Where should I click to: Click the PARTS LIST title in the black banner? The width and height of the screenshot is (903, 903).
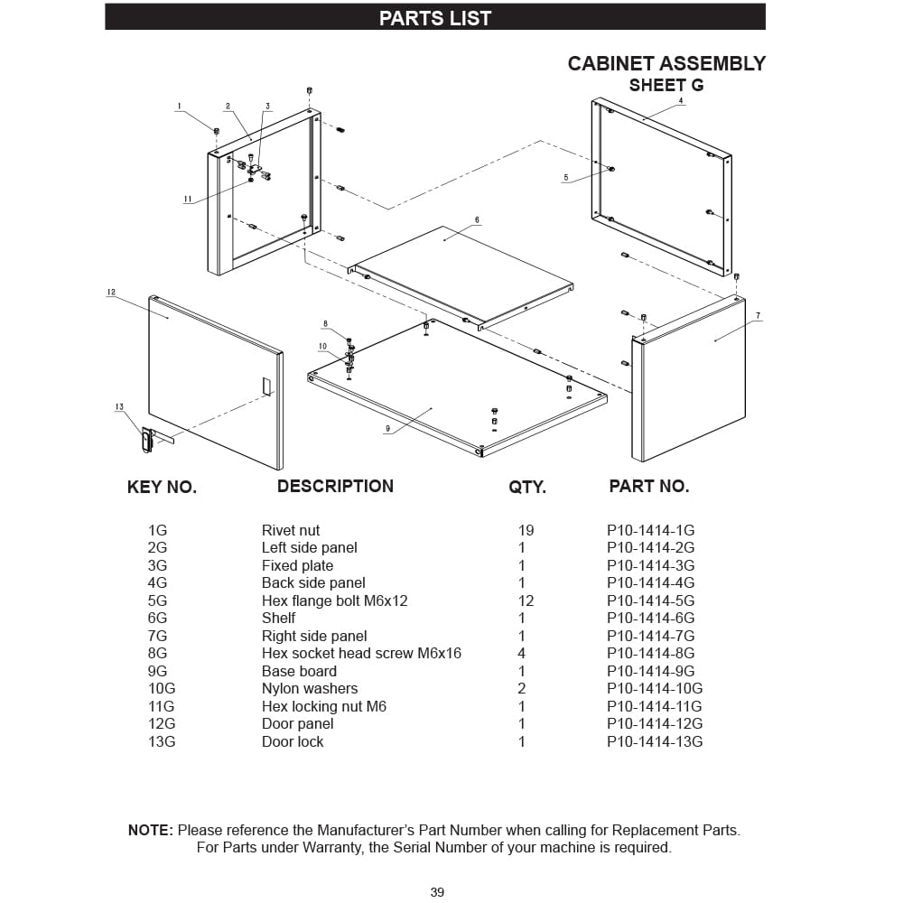[x=435, y=18]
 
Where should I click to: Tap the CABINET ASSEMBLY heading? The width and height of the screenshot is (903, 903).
[x=666, y=63]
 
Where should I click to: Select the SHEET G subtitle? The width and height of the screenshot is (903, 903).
[x=666, y=86]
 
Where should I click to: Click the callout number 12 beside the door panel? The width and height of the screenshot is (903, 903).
[x=111, y=293]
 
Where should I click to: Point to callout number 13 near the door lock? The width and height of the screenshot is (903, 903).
[x=119, y=407]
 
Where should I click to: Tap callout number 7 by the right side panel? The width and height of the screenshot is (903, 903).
[x=758, y=316]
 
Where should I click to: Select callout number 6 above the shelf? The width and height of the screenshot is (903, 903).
[x=477, y=219]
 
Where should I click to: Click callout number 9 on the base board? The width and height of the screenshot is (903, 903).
[x=387, y=428]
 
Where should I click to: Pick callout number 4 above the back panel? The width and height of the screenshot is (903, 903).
[x=681, y=101]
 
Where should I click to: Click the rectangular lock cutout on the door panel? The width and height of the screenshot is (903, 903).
[x=266, y=386]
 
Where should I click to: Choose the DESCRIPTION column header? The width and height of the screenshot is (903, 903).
[x=335, y=486]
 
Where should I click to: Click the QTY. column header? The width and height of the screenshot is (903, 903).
[x=527, y=488]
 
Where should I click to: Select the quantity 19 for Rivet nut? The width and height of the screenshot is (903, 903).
[x=526, y=530]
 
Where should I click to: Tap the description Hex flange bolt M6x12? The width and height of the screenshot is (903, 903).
[x=334, y=600]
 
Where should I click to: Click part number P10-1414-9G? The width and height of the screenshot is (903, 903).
[x=650, y=671]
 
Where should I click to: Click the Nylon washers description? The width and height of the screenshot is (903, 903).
[x=310, y=688]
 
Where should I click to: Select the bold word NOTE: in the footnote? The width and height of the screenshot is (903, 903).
[x=150, y=830]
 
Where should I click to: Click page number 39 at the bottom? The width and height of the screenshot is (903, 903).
[x=437, y=892]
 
